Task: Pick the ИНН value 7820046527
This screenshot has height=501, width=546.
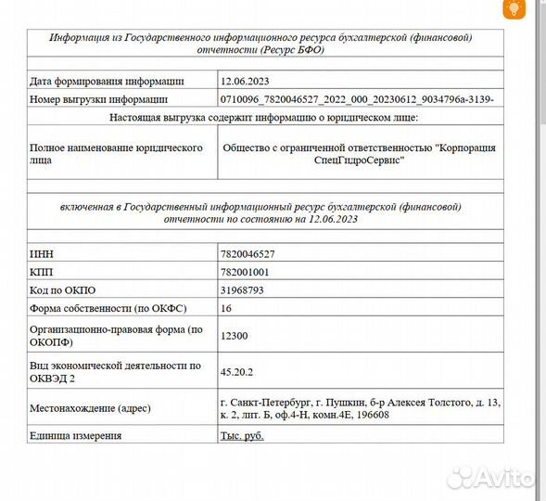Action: click(248, 252)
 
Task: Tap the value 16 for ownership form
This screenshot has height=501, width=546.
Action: click(226, 307)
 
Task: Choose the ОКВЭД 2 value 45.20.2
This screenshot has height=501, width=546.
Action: click(236, 371)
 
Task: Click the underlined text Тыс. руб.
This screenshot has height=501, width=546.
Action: click(244, 435)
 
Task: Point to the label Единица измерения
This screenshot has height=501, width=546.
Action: click(76, 435)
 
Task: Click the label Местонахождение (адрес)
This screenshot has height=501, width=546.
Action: click(90, 408)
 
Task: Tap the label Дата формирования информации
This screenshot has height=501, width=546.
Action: click(107, 82)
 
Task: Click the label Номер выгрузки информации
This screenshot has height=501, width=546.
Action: click(98, 98)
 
